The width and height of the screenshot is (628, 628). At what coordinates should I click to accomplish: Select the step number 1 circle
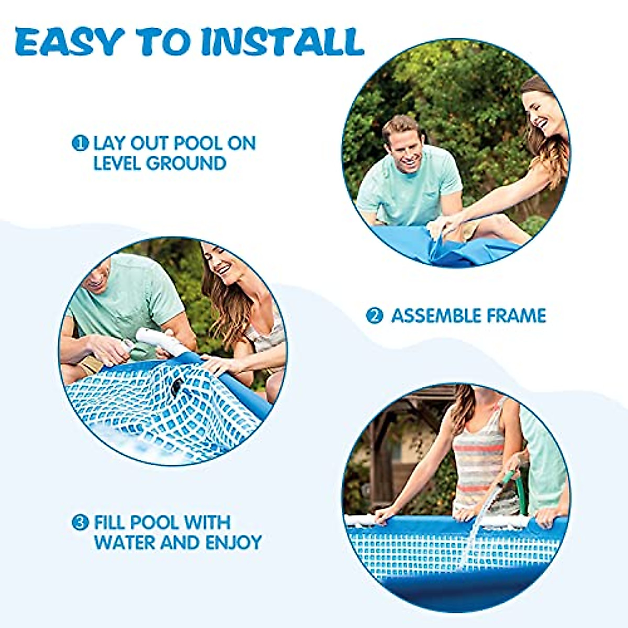click(x=80, y=143)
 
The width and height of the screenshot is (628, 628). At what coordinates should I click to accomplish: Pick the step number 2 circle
click(x=374, y=316)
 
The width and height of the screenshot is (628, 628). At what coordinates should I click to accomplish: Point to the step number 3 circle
click(x=80, y=522)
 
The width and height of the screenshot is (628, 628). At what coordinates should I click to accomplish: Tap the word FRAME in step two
click(x=517, y=316)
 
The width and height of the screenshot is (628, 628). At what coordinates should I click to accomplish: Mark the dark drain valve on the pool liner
click(x=175, y=387)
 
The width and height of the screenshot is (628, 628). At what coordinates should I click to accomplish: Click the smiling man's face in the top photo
click(x=403, y=144)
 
